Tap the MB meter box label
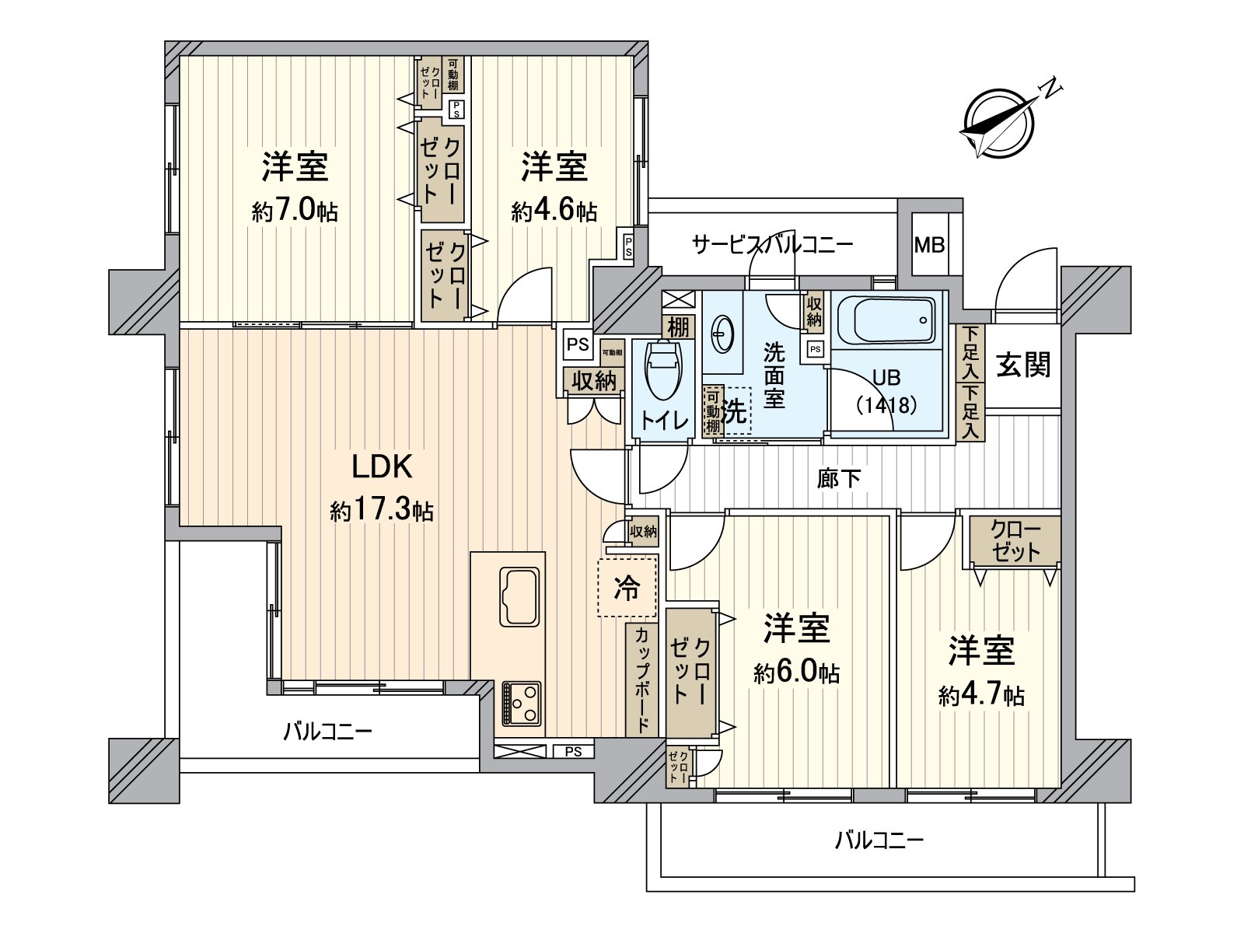tap(929, 246)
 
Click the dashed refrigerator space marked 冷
tap(627, 588)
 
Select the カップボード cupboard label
tap(642, 680)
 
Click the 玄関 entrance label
tap(1023, 364)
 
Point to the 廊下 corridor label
tap(839, 478)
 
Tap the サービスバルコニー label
tap(772, 245)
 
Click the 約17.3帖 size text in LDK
tap(382, 510)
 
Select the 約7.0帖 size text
tap(295, 211)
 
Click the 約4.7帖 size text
tap(980, 694)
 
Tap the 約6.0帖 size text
tap(796, 673)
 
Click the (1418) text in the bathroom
tap(886, 404)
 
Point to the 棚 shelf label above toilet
tap(678, 327)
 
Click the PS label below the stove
tap(573, 752)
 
